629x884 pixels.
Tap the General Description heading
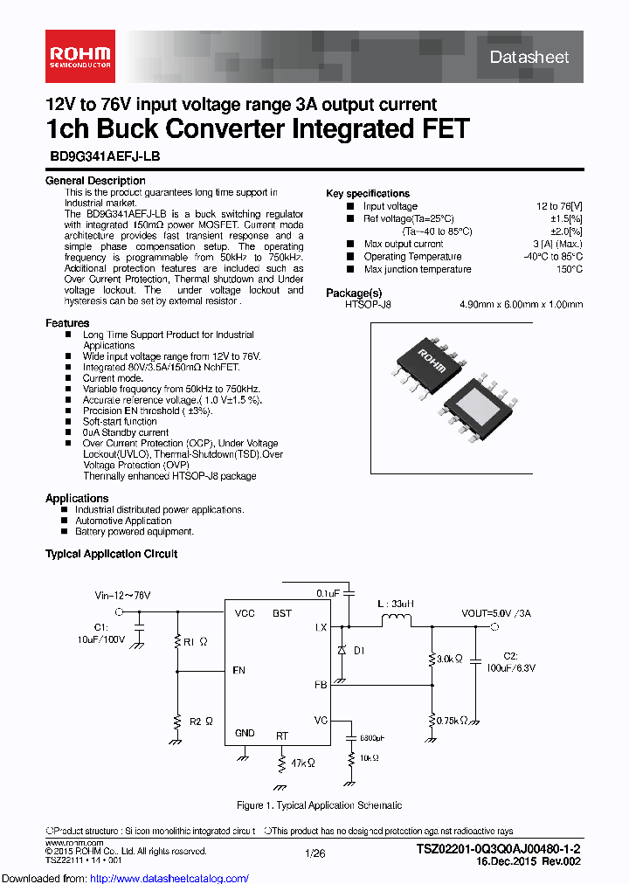(95, 181)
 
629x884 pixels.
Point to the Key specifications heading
(367, 193)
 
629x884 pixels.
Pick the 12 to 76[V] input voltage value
(559, 206)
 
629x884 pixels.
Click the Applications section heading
(77, 498)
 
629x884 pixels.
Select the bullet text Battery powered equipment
(135, 531)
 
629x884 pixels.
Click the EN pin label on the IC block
(239, 671)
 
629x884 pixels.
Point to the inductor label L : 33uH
(396, 604)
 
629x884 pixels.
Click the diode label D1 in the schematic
(359, 650)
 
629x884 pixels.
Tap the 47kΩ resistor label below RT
(301, 763)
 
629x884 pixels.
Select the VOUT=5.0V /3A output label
(496, 613)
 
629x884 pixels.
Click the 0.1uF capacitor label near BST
(328, 592)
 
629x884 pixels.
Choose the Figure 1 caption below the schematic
(319, 805)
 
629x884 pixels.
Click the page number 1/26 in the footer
(314, 852)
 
